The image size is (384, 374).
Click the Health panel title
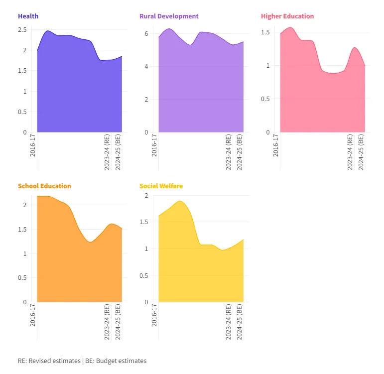coord(28,16)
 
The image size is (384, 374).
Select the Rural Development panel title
coord(169,16)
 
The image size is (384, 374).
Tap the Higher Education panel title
coord(287,16)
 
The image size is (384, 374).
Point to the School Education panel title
coord(44,186)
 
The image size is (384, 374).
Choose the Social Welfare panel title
coord(161,186)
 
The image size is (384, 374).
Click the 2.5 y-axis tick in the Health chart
coord(22,30)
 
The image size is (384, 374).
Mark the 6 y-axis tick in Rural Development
coord(147,34)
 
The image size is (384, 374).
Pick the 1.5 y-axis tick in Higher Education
coord(265,32)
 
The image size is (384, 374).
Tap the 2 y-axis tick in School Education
coord(25,205)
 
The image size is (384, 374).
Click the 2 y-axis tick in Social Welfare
coord(146,196)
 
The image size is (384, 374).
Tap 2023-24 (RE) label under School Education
coord(107,322)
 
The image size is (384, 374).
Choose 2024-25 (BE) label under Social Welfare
coord(240,322)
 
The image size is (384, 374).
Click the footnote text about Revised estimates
coord(82,361)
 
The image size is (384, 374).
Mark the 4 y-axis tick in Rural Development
coord(147,67)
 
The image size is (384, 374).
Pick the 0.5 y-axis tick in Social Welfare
coord(144,275)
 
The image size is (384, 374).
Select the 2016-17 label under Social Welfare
coord(154,315)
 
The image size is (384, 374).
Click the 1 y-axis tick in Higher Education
coord(267,66)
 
